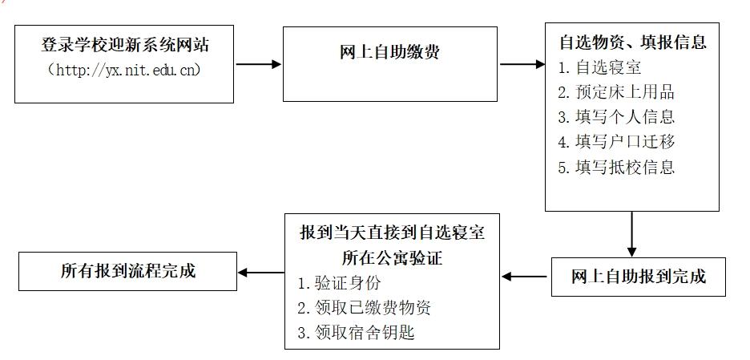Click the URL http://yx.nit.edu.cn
[x=124, y=71]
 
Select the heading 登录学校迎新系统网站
[x=125, y=45]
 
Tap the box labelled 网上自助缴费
[x=390, y=64]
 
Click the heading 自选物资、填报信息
[x=633, y=42]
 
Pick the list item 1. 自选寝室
[x=599, y=67]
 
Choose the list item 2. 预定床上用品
[x=616, y=92]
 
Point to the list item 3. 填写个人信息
[x=616, y=117]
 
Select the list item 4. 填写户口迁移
[x=616, y=142]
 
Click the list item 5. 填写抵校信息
[x=616, y=167]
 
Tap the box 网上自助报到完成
[x=638, y=277]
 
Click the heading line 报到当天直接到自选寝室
[x=392, y=233]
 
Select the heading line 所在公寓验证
[x=392, y=258]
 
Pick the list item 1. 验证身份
[x=339, y=283]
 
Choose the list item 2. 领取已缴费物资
[x=364, y=308]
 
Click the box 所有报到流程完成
[x=127, y=272]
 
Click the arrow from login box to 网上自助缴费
[x=258, y=64]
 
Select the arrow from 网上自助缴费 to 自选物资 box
[x=522, y=64]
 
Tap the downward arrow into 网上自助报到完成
[x=632, y=234]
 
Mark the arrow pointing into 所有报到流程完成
[x=261, y=273]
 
